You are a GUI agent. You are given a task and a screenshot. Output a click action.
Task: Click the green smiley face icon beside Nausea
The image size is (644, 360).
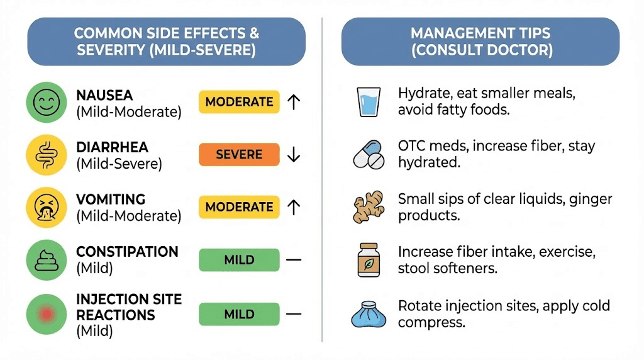(46, 102)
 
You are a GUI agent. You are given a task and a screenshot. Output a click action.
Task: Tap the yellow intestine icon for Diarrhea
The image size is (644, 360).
(46, 155)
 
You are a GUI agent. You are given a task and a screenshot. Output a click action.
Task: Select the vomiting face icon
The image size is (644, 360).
(46, 207)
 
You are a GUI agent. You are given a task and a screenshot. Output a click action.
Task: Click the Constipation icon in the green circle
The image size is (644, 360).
(46, 259)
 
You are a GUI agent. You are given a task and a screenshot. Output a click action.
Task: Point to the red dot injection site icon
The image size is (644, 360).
(46, 313)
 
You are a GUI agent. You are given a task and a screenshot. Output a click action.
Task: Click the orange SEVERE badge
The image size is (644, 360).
(239, 155)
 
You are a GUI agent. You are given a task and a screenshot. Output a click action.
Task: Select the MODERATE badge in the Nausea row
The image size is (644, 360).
(239, 102)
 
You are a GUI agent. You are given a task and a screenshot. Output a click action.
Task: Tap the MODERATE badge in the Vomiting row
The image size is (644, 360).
(239, 207)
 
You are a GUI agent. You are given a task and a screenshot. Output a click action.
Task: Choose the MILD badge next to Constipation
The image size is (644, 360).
(239, 260)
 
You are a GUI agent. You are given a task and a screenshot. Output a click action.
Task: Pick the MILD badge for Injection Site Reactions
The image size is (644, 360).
(239, 313)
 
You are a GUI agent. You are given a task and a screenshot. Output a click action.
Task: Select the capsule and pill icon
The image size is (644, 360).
(368, 154)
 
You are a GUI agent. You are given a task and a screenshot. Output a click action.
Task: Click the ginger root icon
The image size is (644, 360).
(368, 207)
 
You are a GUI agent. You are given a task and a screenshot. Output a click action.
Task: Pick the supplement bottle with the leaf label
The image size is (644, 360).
(368, 259)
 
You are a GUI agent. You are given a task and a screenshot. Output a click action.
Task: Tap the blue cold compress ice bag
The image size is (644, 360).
(368, 313)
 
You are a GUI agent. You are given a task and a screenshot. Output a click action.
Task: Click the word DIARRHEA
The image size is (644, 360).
(112, 147)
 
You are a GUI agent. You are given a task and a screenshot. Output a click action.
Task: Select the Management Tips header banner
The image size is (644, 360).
(481, 42)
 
